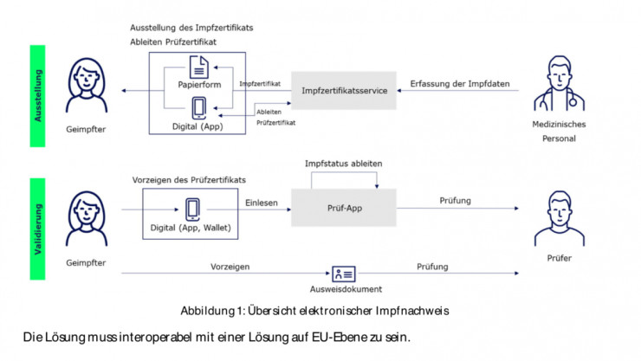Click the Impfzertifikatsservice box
(x=344, y=90)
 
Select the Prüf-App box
(x=344, y=207)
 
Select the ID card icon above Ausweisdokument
(x=343, y=274)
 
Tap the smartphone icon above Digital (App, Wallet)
(x=193, y=210)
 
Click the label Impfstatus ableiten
(x=343, y=164)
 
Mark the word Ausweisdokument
(x=343, y=290)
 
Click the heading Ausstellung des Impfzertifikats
(x=191, y=27)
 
